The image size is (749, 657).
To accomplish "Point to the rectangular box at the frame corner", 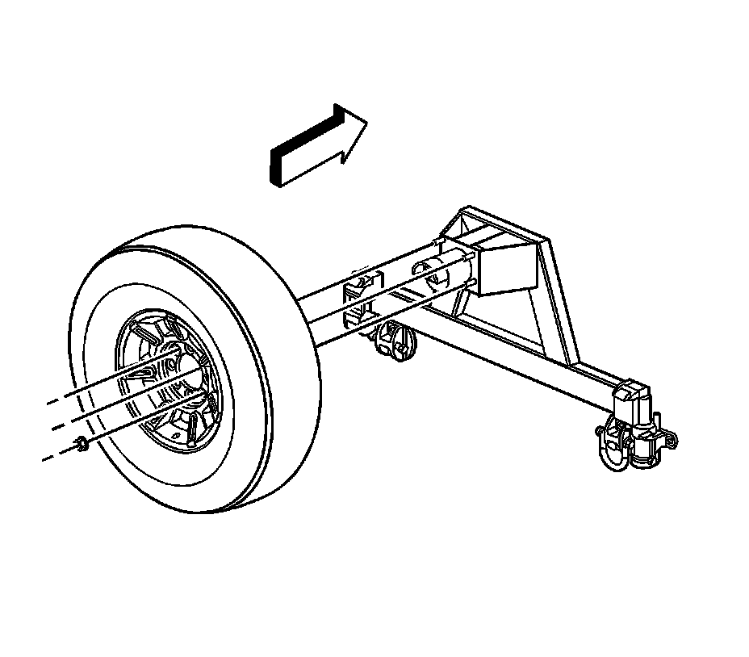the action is point(502,266).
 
